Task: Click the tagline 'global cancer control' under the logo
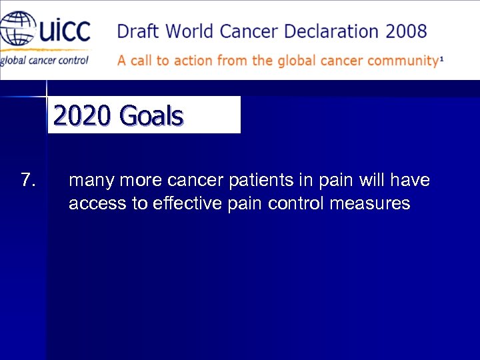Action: (x=43, y=60)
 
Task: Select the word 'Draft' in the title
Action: (x=138, y=31)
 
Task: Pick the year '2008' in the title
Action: (x=405, y=31)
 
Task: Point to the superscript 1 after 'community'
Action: (x=441, y=58)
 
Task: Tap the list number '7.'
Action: (x=28, y=180)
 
